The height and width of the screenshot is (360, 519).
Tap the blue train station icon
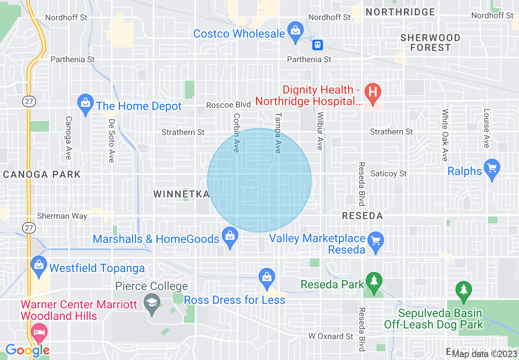[x=318, y=45]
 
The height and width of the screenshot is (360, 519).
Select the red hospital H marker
[x=373, y=92]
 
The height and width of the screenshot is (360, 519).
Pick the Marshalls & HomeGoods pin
[x=230, y=237]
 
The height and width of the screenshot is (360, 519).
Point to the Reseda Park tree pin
[x=374, y=282]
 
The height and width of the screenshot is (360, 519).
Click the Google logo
[x=27, y=350]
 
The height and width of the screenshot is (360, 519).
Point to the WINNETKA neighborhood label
[x=181, y=194]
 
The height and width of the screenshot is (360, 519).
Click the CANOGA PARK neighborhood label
[x=42, y=175]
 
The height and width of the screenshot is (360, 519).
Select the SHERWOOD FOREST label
[x=430, y=43]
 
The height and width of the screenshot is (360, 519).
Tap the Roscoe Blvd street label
[x=228, y=105]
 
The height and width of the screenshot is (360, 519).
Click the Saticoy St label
[x=388, y=174]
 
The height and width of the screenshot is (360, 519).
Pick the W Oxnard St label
[x=331, y=336]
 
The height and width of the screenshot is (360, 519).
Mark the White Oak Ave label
[x=445, y=135]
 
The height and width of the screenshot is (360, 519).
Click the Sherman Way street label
[x=62, y=216]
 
